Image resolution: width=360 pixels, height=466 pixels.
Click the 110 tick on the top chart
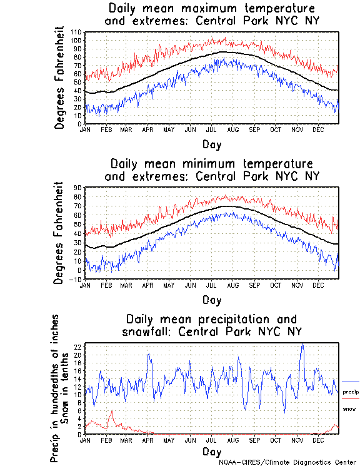click(x=76, y=31)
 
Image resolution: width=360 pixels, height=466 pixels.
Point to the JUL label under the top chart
click(x=211, y=130)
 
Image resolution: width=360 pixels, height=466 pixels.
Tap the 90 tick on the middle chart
click(x=77, y=187)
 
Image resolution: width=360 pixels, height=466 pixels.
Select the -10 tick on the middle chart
click(x=76, y=280)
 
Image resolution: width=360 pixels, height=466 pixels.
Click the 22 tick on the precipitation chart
click(x=77, y=347)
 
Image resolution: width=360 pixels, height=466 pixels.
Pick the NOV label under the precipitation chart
click(x=297, y=440)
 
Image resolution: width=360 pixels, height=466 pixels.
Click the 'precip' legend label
click(x=351, y=392)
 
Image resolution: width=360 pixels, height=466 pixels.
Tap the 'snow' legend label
click(x=349, y=408)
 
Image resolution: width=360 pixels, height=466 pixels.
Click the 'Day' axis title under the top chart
click(x=211, y=144)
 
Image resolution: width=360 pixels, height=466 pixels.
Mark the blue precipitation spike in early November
click(x=302, y=345)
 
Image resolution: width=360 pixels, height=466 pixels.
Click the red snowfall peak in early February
click(x=112, y=411)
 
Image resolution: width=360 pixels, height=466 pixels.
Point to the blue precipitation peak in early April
click(x=149, y=354)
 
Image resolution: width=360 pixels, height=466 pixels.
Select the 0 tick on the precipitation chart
click(x=79, y=434)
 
